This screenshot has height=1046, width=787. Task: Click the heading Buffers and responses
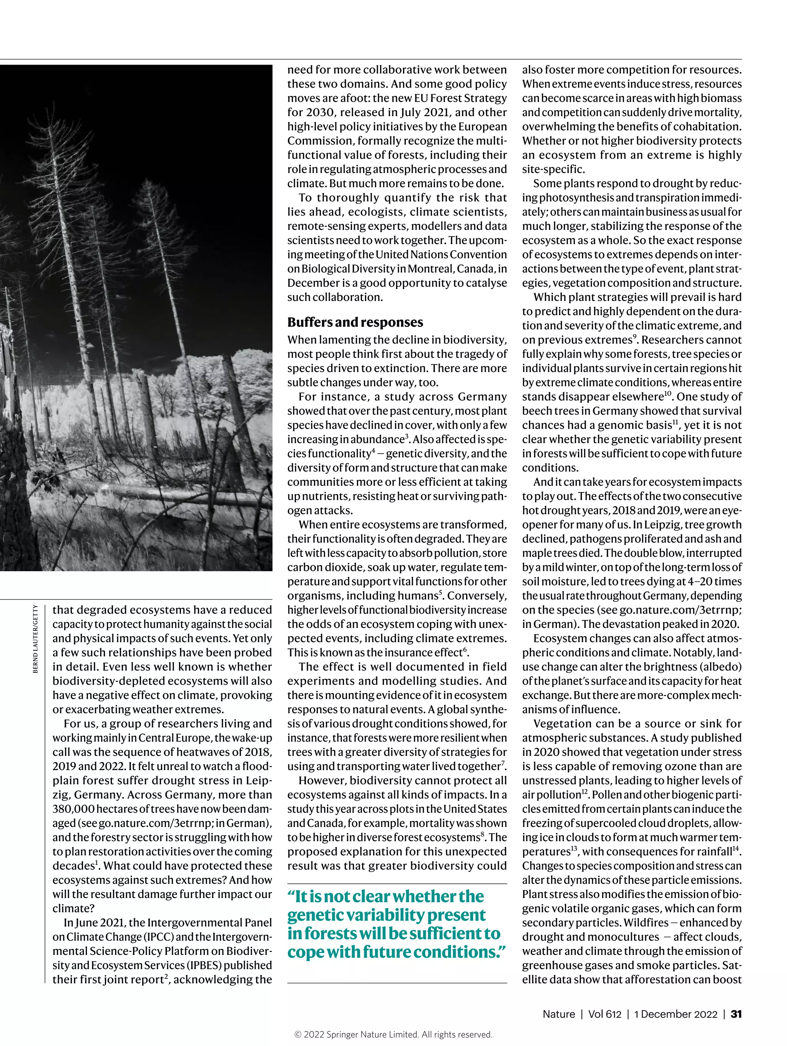355,322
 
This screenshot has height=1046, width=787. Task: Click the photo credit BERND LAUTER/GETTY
36,639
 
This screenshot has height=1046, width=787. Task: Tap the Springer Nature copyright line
393,1034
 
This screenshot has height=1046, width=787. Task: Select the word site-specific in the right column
553,169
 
